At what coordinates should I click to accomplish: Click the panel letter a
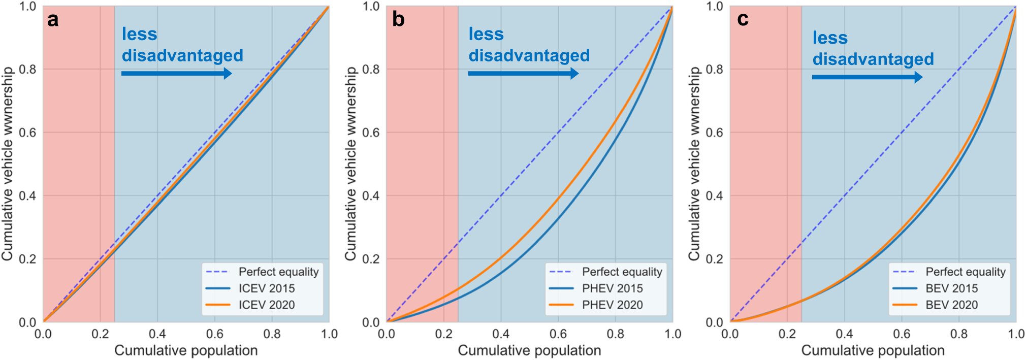[x=52, y=20]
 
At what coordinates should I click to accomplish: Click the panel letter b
[x=398, y=19]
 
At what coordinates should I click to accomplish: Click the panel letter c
[x=743, y=19]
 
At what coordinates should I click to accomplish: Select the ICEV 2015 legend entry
[x=266, y=288]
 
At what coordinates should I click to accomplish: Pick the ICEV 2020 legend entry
[x=266, y=305]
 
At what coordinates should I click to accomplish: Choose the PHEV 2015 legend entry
[x=612, y=288]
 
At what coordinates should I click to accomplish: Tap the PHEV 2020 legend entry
[x=612, y=305]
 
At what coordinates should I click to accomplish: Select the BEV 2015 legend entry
[x=951, y=288]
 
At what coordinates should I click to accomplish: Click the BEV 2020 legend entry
[x=951, y=305]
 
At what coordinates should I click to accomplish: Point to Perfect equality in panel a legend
[x=278, y=272]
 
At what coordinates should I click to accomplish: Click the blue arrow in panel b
[x=523, y=74]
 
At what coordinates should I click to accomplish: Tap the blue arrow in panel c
[x=867, y=77]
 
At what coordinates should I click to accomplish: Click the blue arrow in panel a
[x=177, y=74]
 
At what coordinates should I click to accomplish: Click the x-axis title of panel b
[x=529, y=350]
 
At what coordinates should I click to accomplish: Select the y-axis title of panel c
[x=694, y=163]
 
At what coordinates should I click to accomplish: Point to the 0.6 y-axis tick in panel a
[x=27, y=133]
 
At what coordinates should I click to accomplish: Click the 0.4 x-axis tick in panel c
[x=844, y=334]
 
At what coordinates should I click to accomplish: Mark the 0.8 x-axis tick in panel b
[x=615, y=334]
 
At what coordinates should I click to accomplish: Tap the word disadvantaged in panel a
[x=182, y=55]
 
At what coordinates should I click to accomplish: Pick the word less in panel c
[x=830, y=38]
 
